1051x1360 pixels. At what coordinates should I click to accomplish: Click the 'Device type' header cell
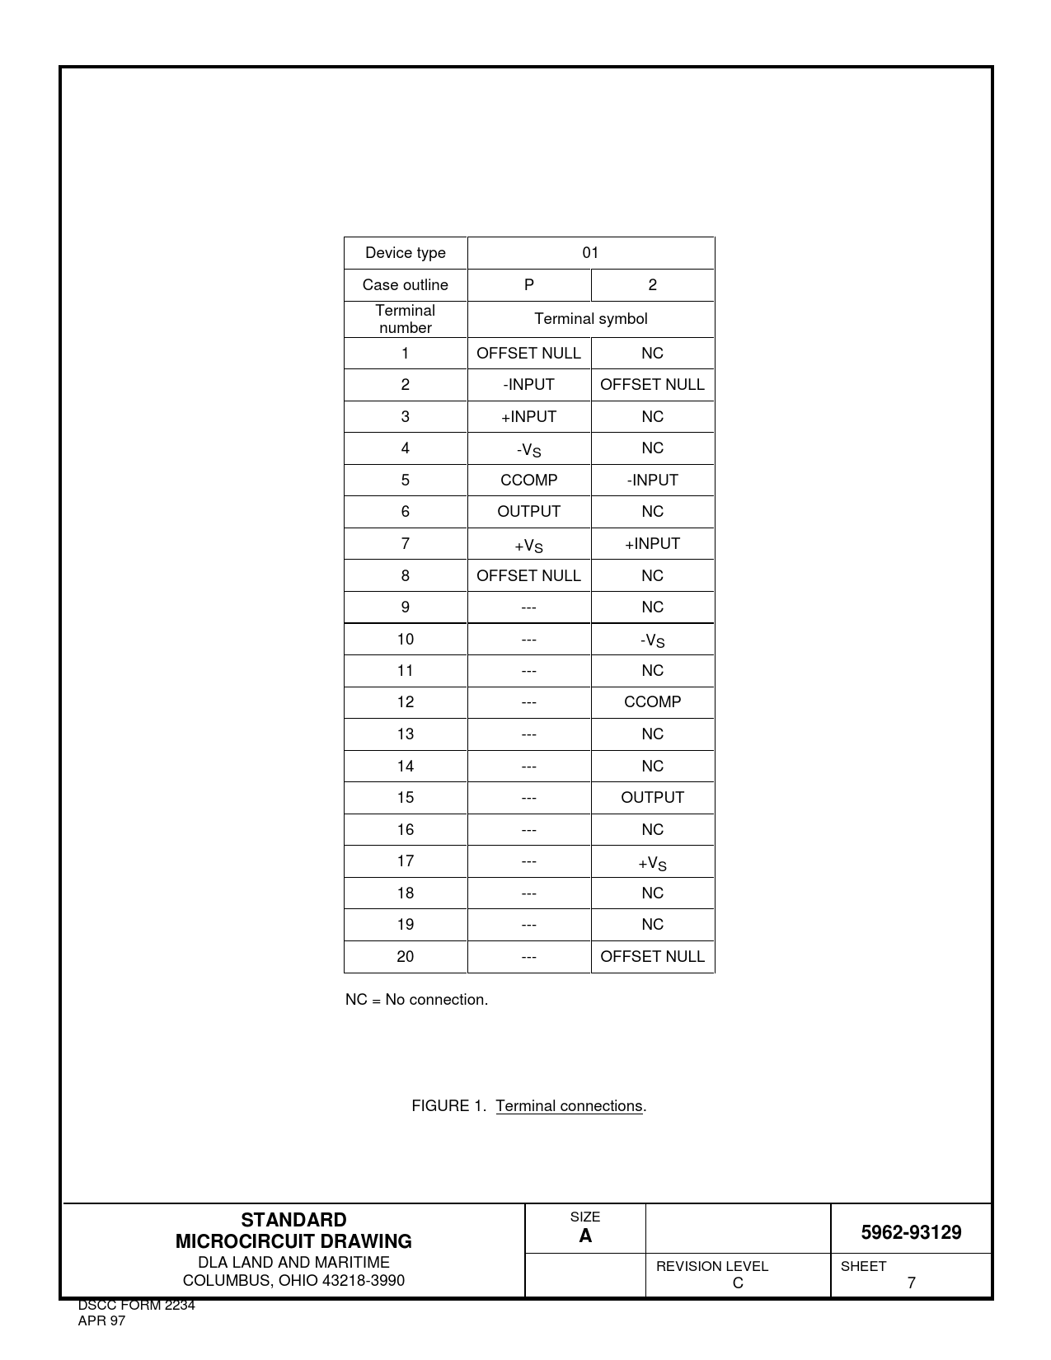(405, 253)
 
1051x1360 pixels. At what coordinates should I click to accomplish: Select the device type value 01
(590, 253)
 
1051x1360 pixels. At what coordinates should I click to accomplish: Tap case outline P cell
(528, 285)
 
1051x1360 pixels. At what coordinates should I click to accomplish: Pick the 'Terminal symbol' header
(590, 319)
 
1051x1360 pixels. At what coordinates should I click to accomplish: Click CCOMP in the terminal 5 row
(528, 481)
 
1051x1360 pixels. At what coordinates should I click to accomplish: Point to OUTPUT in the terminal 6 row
(528, 512)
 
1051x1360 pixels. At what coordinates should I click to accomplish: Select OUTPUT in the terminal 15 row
(652, 798)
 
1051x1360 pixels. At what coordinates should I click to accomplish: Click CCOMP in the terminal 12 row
(652, 702)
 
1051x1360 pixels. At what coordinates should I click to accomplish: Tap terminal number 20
(405, 957)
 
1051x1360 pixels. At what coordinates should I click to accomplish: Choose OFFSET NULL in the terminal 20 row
(652, 957)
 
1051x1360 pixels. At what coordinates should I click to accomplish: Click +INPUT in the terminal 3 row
(528, 417)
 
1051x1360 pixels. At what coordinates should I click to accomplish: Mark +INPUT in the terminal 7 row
(652, 544)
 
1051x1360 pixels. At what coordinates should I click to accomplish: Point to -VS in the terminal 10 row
(652, 640)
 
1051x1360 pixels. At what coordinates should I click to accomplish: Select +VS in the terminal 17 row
(652, 863)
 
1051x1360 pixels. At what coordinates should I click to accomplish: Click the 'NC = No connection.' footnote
(416, 1000)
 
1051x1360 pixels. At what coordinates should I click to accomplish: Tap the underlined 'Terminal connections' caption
(569, 1106)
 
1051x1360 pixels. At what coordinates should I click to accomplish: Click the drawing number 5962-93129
(911, 1233)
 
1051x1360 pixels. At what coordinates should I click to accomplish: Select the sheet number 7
(911, 1283)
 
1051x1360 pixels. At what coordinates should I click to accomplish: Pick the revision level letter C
(738, 1283)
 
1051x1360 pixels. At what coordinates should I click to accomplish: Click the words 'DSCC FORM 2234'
(136, 1306)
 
